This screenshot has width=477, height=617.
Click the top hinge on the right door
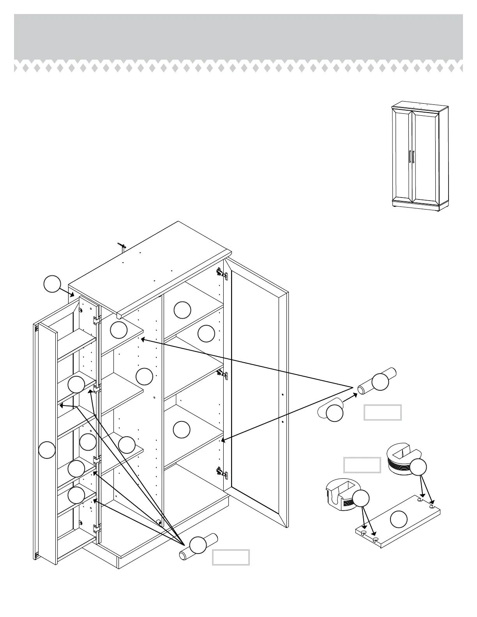click(x=221, y=273)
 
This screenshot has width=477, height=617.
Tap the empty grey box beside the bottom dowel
click(x=231, y=557)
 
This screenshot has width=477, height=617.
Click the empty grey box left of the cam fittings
click(x=362, y=465)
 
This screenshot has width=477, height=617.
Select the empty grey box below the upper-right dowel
click(x=382, y=413)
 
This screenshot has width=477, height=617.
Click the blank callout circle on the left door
click(x=47, y=450)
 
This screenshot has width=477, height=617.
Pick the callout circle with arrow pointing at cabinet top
click(x=52, y=284)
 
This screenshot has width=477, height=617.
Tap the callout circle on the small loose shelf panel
click(x=399, y=519)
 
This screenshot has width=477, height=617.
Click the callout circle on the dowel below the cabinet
click(x=198, y=545)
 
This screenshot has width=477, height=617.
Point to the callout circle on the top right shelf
click(x=182, y=310)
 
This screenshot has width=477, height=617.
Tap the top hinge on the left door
click(x=96, y=320)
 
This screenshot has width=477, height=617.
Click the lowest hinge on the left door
click(x=96, y=528)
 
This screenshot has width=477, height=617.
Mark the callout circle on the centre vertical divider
click(x=144, y=376)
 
